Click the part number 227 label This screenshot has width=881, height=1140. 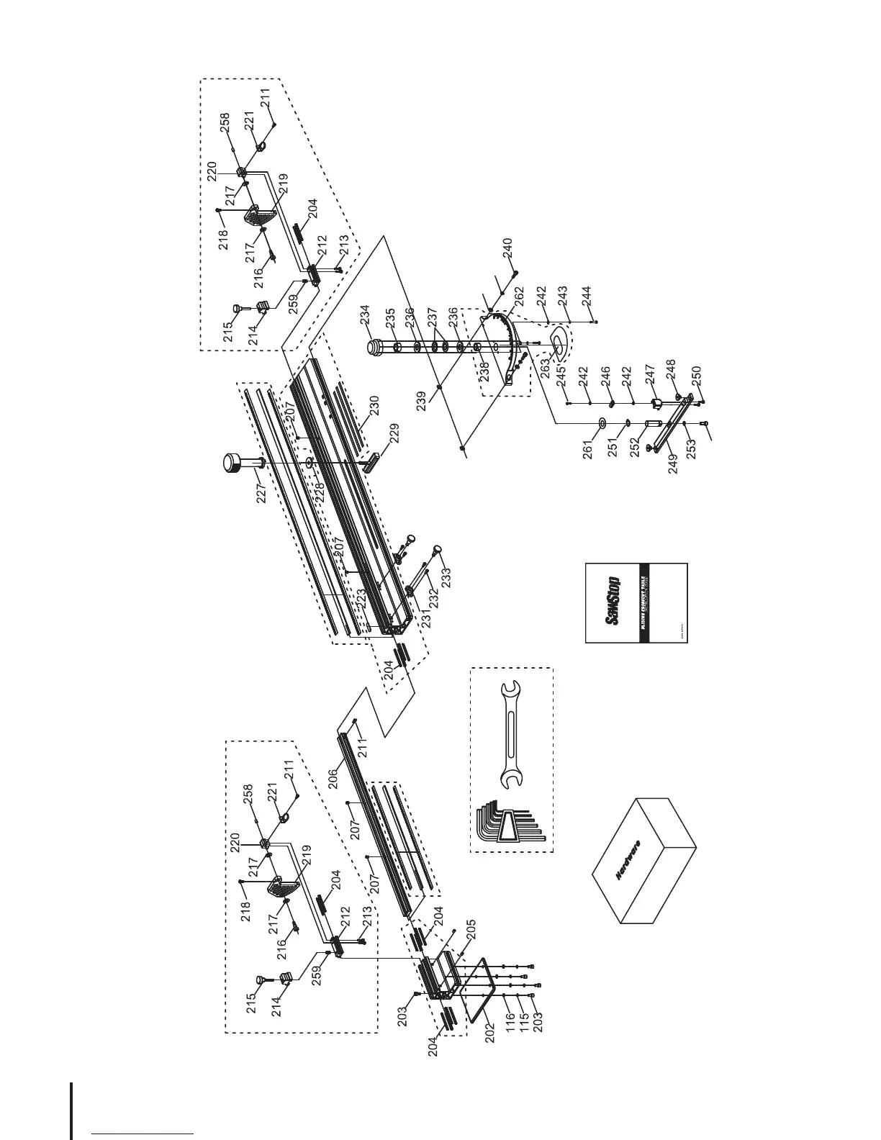pyautogui.click(x=261, y=492)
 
